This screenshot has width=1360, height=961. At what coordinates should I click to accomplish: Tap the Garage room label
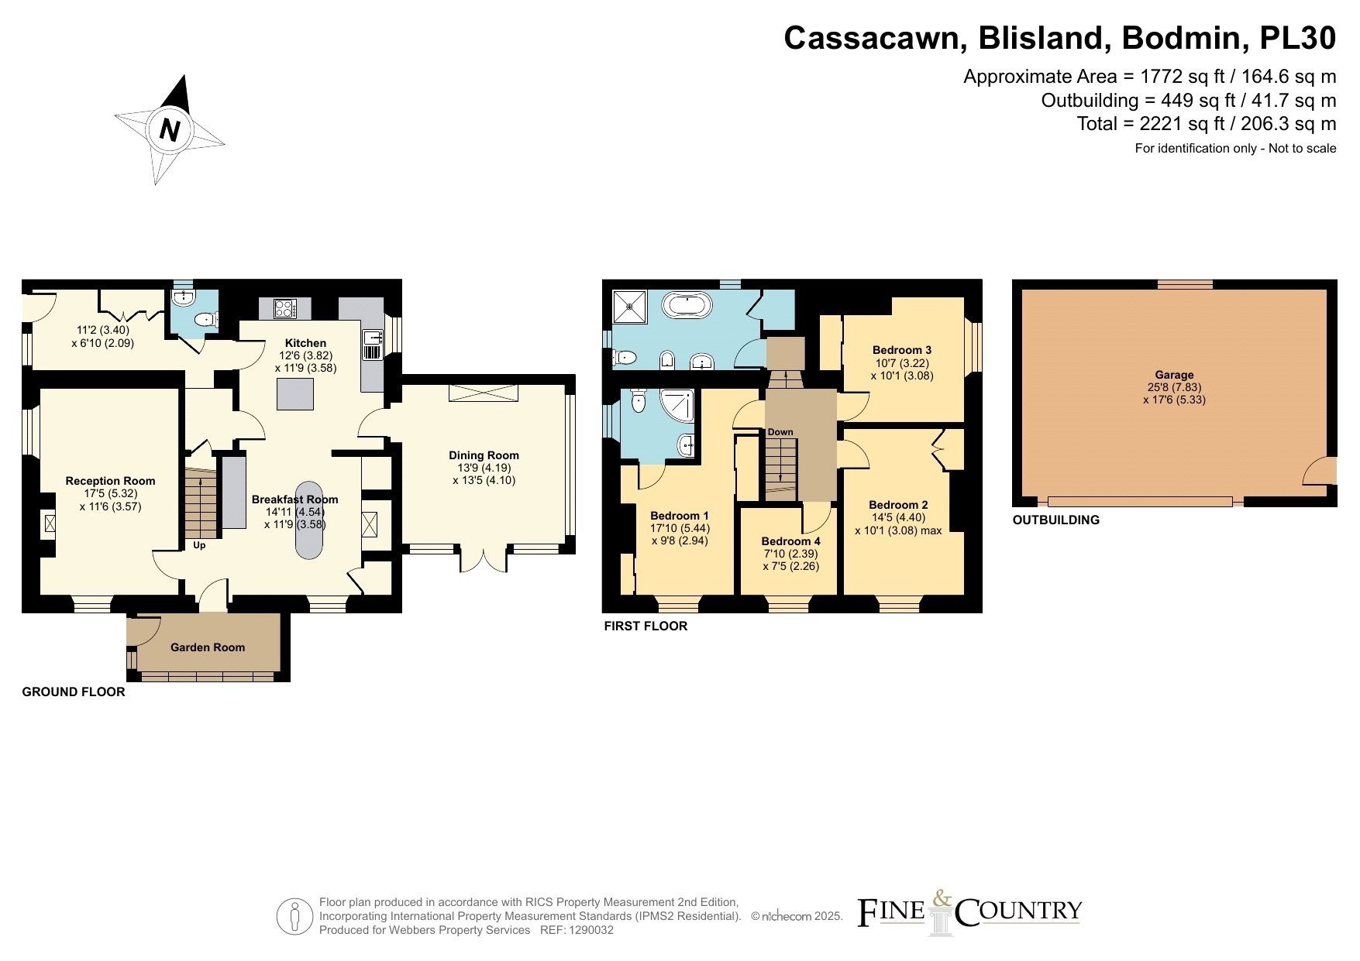click(1174, 375)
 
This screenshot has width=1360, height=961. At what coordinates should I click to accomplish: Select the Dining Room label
click(484, 455)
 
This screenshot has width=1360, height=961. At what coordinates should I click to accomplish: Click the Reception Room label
click(110, 481)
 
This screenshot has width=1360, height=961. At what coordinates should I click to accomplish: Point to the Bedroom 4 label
click(790, 541)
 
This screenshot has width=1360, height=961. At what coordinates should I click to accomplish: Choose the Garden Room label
click(208, 647)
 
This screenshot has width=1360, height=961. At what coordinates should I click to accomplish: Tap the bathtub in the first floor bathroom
click(689, 305)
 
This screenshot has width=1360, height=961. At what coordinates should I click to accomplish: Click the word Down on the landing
click(780, 432)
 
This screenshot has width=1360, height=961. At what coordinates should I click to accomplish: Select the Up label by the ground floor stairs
click(199, 545)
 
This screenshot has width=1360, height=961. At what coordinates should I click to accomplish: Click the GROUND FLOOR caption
click(74, 692)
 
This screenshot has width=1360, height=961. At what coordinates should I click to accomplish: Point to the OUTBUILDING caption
click(1056, 520)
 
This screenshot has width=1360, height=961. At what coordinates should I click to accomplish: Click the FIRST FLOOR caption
click(646, 626)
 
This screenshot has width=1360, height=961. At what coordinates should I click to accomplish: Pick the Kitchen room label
click(306, 343)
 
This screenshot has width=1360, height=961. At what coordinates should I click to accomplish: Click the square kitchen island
click(296, 394)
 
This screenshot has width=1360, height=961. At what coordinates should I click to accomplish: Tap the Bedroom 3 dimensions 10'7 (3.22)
click(902, 362)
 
